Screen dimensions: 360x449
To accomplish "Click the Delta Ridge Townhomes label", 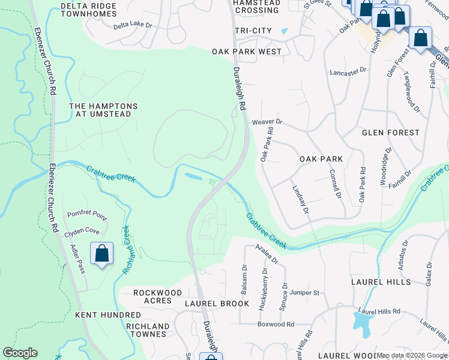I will (89, 9).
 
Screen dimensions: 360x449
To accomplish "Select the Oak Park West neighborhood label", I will (247, 52).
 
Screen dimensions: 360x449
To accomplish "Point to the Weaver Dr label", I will (267, 122).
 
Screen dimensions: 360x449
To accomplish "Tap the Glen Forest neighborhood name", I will (390, 132).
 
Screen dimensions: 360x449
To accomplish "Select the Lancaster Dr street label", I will (348, 71).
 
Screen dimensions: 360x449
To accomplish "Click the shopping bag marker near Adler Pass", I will (102, 253).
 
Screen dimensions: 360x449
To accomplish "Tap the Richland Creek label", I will (127, 250).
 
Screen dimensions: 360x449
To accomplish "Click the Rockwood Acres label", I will (157, 297).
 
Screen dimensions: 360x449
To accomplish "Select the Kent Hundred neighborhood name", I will (108, 314).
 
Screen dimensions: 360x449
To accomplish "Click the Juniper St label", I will (304, 293).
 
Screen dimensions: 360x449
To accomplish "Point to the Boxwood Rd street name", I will (276, 324).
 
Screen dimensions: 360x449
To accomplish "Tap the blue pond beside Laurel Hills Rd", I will (362, 325).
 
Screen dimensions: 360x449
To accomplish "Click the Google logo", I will (20, 353).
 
